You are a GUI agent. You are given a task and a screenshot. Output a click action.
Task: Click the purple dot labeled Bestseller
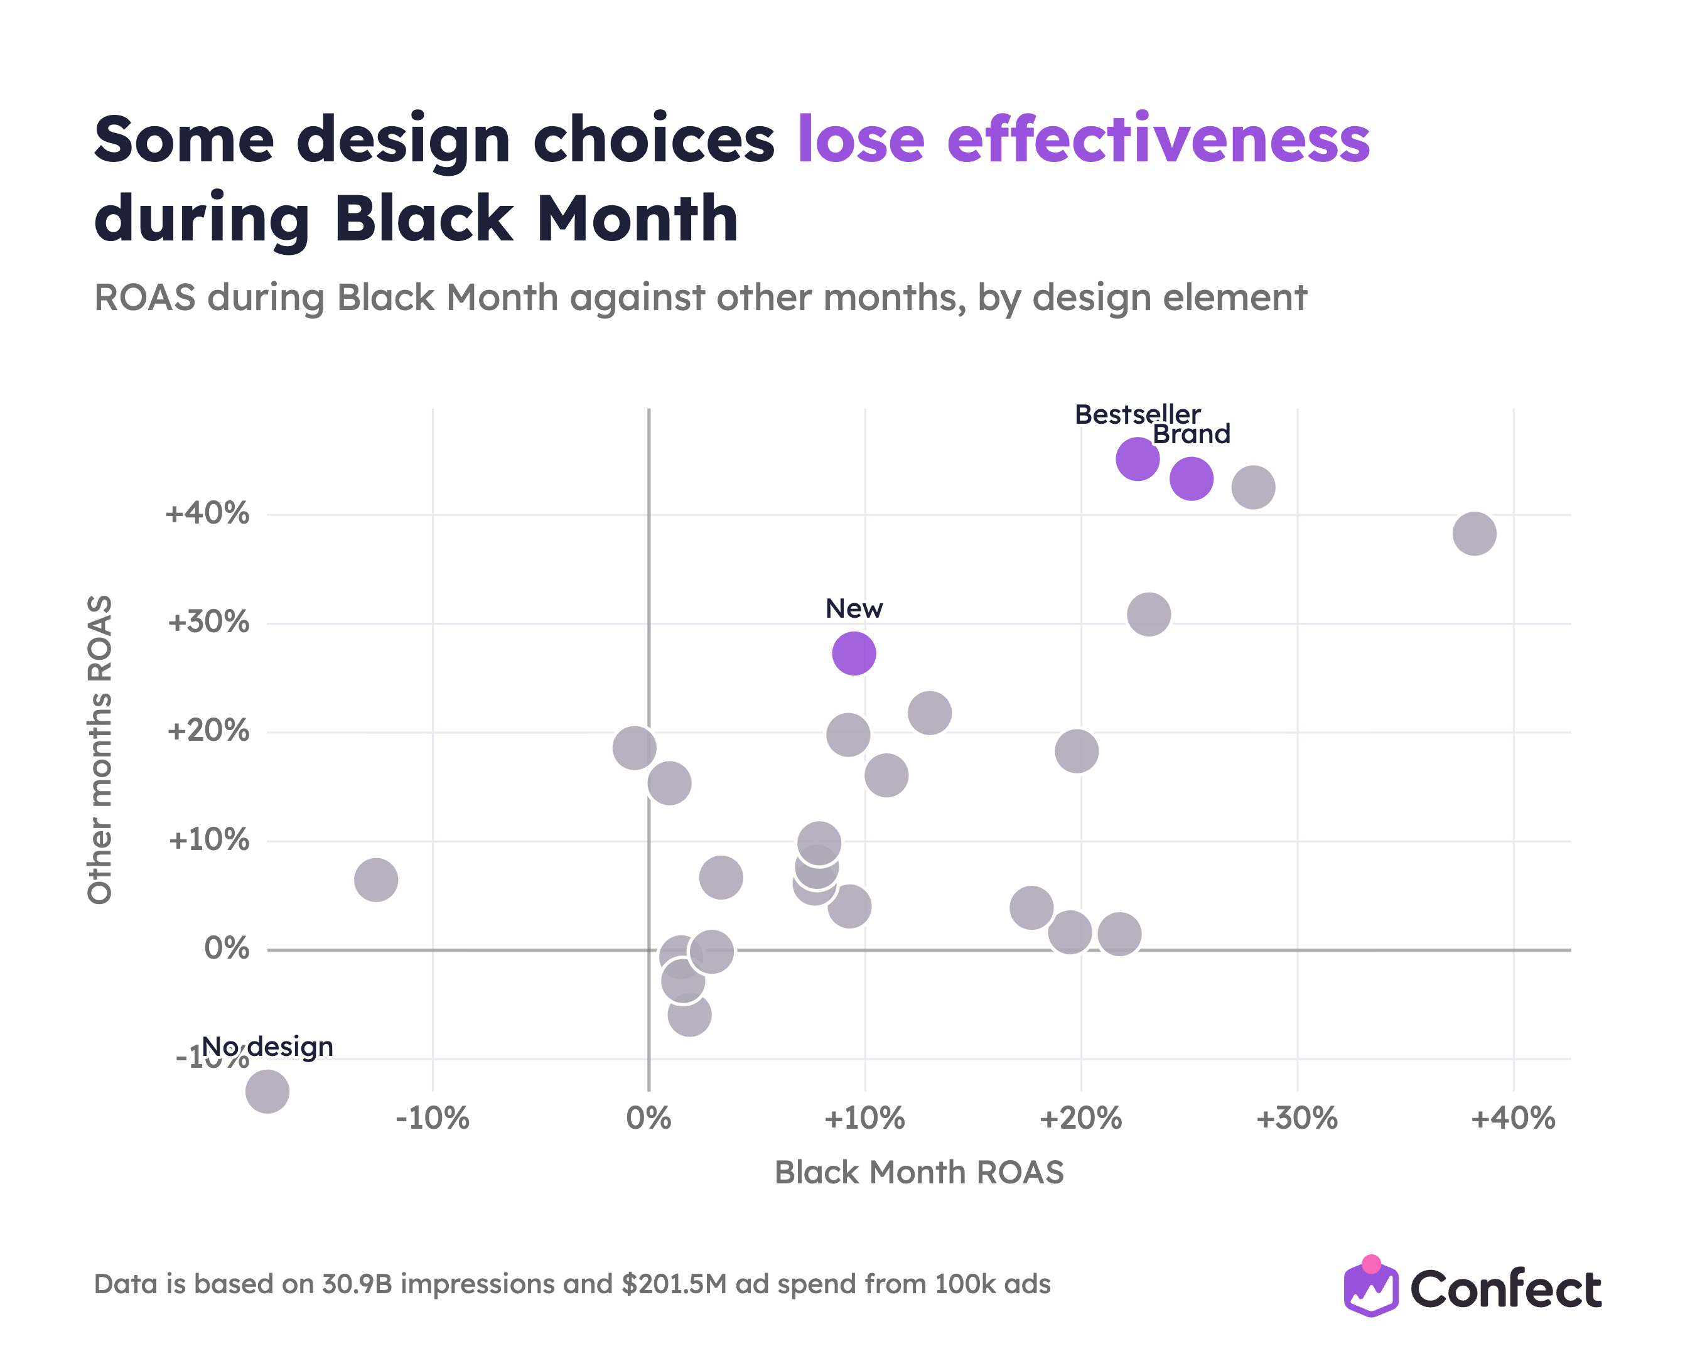pyautogui.click(x=1137, y=459)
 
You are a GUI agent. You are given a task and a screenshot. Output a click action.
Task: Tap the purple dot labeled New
pyautogui.click(x=854, y=654)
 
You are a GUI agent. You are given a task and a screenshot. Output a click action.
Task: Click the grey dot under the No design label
pyautogui.click(x=267, y=1091)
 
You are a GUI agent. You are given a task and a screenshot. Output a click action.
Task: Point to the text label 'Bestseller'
pyautogui.click(x=1138, y=414)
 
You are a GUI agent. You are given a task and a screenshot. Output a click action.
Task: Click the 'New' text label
pyautogui.click(x=854, y=608)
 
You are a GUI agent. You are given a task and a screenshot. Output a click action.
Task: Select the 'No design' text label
pyautogui.click(x=267, y=1047)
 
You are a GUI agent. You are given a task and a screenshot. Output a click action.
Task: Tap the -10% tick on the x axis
pyautogui.click(x=433, y=1118)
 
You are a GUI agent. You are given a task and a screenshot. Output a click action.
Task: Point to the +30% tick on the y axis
pyautogui.click(x=208, y=623)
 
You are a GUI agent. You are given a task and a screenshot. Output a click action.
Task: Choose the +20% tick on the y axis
pyautogui.click(x=208, y=731)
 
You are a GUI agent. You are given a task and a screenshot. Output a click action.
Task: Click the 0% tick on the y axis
pyautogui.click(x=227, y=949)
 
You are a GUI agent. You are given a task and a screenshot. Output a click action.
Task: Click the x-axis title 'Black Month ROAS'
pyautogui.click(x=919, y=1172)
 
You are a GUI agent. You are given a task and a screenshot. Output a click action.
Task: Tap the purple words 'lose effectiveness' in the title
pyautogui.click(x=1084, y=139)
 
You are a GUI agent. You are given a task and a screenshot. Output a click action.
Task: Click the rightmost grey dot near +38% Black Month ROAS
pyautogui.click(x=1474, y=534)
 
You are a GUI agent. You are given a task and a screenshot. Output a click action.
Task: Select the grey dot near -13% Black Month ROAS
pyautogui.click(x=376, y=880)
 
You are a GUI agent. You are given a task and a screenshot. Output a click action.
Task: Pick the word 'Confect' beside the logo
pyautogui.click(x=1505, y=1289)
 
